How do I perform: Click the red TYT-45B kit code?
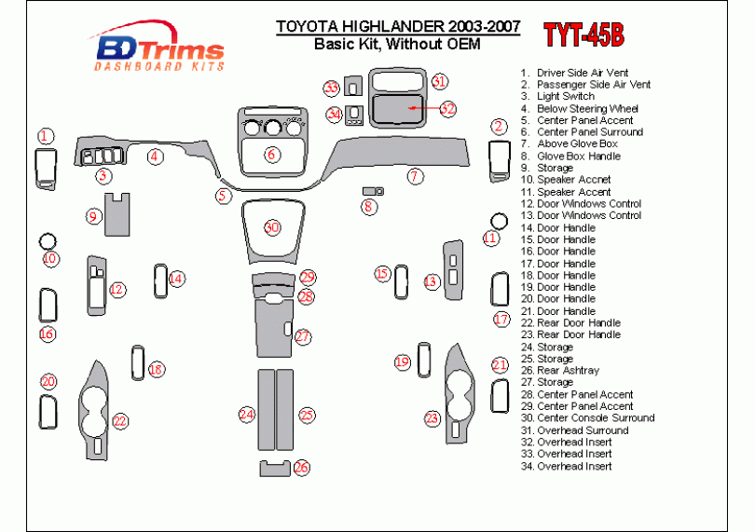(584, 35)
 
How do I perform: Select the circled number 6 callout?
(272, 155)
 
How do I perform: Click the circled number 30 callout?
(272, 227)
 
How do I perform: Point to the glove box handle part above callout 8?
(373, 192)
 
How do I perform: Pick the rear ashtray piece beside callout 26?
(275, 469)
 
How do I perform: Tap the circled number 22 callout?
(120, 421)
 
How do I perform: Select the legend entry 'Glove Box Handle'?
(570, 156)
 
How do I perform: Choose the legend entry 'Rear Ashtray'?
(560, 370)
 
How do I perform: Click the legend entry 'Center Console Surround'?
(587, 418)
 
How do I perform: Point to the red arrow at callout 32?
(424, 108)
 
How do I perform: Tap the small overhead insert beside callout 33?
(353, 87)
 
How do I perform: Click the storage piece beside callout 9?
(117, 214)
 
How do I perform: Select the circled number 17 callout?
(501, 320)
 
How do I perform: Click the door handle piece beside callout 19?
(424, 360)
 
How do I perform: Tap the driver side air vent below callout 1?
(46, 170)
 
